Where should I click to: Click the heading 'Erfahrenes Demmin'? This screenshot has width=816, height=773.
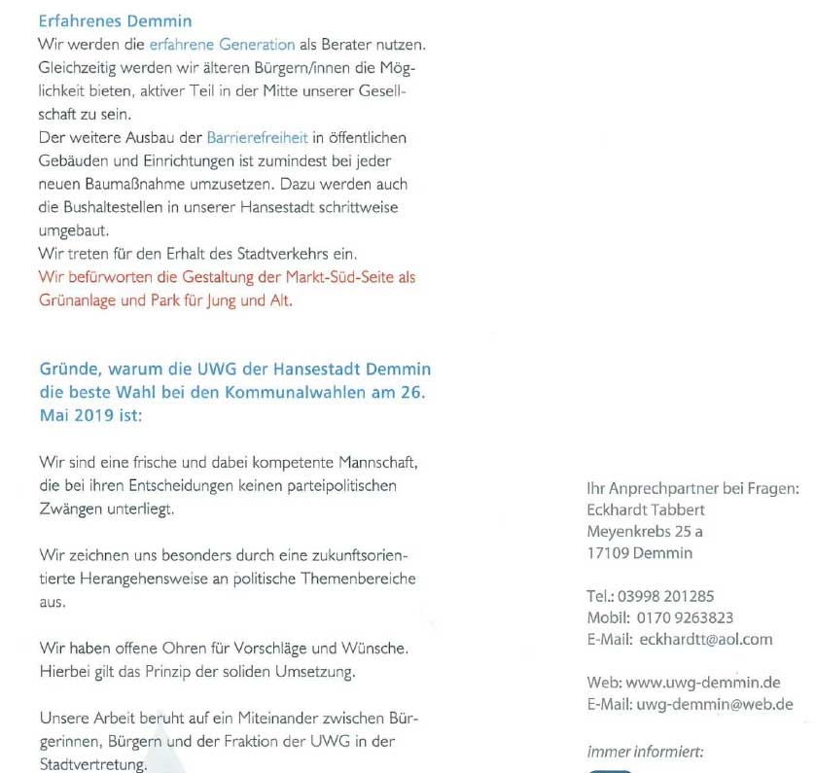coord(115,20)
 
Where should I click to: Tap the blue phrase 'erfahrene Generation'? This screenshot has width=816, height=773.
coord(222,45)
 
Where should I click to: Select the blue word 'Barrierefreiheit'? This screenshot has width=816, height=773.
coord(257,138)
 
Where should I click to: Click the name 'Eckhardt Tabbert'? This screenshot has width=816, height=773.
coord(646,509)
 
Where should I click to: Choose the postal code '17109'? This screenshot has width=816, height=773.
coord(608,553)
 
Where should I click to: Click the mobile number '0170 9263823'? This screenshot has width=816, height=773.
coord(685,617)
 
